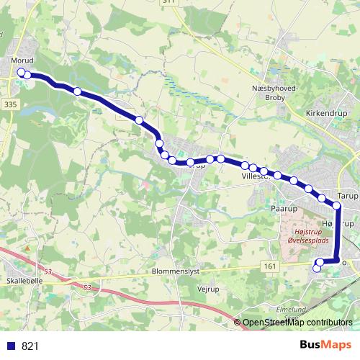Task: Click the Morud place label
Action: click(x=22, y=60)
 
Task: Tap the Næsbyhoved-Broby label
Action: click(x=270, y=91)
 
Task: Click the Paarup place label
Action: click(x=284, y=209)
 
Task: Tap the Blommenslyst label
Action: click(x=176, y=272)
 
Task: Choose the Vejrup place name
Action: click(x=207, y=287)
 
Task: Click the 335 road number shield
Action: click(x=9, y=104)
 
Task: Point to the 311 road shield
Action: click(x=189, y=2)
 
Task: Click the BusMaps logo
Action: click(x=325, y=345)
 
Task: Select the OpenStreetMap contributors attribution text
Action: click(x=297, y=322)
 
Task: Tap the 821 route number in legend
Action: click(x=30, y=346)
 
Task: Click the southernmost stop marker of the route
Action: click(x=317, y=269)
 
